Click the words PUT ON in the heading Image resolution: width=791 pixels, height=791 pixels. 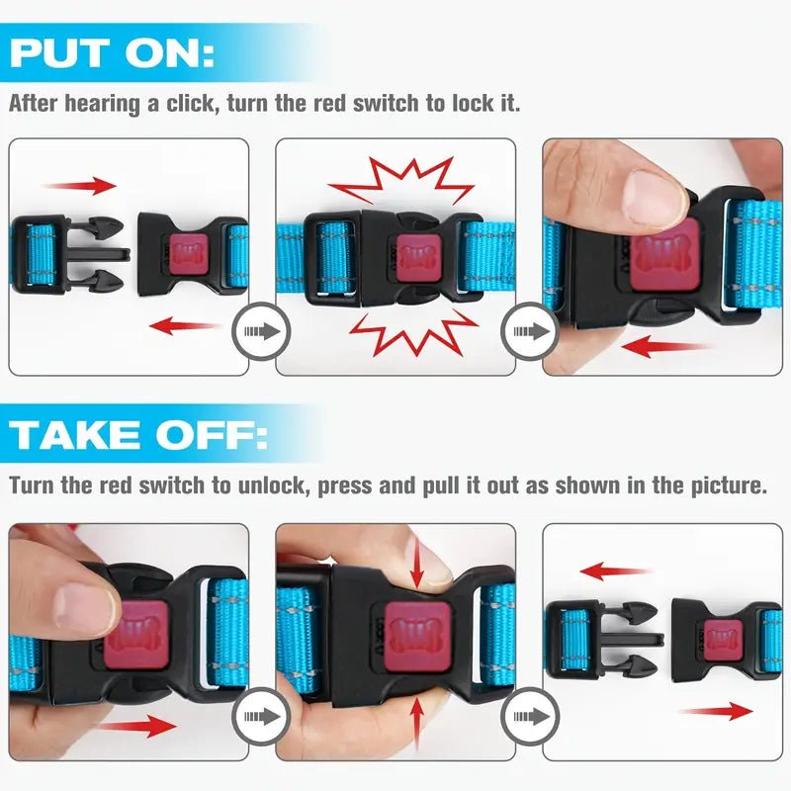coord(111,53)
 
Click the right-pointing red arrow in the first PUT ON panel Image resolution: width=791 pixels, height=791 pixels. coord(79,185)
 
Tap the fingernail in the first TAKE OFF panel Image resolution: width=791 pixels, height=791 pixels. coord(84,605)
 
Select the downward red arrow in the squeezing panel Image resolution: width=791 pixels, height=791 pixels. coord(416,563)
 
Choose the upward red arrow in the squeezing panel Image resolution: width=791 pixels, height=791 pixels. coord(416,722)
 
